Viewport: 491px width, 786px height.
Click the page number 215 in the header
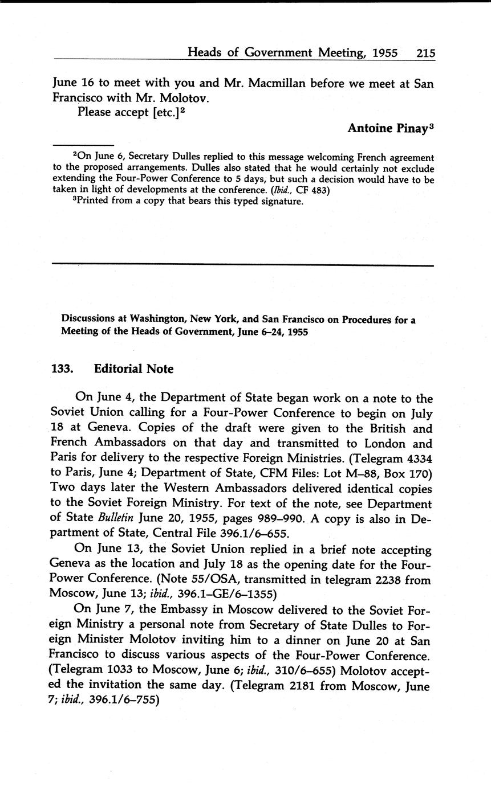425,53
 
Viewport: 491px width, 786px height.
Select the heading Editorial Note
133,369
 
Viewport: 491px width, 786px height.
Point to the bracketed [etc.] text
166,112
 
